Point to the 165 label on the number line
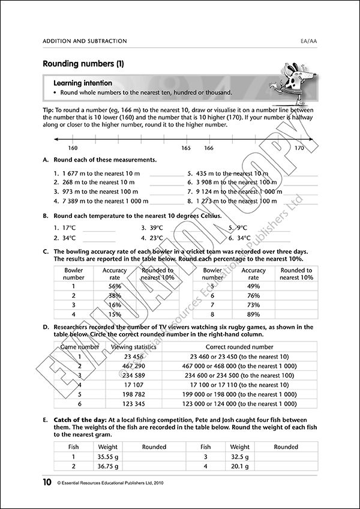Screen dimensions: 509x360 click(186, 148)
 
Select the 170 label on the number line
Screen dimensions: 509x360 click(299, 148)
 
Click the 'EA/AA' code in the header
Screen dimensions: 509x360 click(309, 41)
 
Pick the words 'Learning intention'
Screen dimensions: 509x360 click(81, 82)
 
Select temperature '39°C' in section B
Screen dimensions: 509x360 click(156, 228)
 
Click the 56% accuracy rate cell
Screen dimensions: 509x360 click(115, 286)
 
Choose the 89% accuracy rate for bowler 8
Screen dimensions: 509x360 click(253, 314)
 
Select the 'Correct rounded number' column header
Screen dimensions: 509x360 click(239, 347)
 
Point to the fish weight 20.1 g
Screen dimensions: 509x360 click(240, 466)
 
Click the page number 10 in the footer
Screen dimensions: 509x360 click(47, 482)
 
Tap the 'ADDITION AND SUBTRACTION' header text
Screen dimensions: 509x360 click(85, 41)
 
